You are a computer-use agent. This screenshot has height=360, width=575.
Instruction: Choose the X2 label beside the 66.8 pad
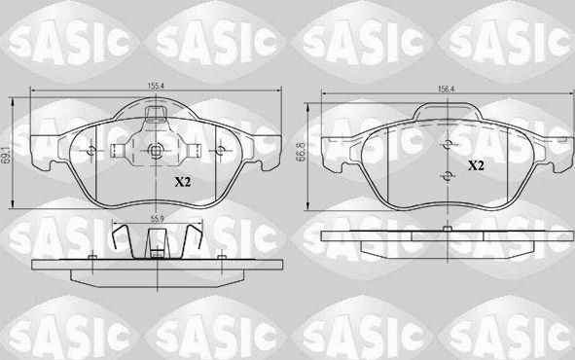476,166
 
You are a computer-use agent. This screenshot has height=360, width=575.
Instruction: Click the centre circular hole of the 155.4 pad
157,151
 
